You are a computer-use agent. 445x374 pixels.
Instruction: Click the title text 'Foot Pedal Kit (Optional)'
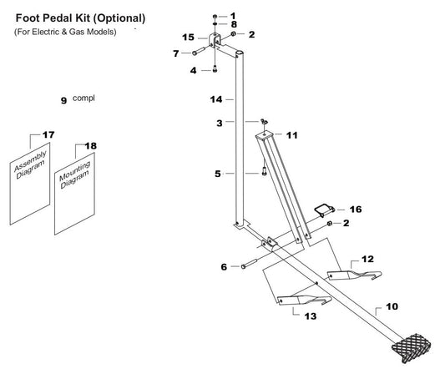pyautogui.click(x=81, y=18)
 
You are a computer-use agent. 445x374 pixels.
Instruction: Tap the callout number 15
pyautogui.click(x=188, y=38)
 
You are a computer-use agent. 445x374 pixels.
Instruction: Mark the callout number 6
pyautogui.click(x=224, y=267)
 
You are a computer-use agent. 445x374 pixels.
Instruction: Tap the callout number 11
pyautogui.click(x=291, y=134)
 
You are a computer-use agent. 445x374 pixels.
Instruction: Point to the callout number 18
pyautogui.click(x=91, y=146)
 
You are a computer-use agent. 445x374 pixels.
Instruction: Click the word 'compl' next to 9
pyautogui.click(x=84, y=98)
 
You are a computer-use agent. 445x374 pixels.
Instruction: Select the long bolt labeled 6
pyautogui.click(x=248, y=265)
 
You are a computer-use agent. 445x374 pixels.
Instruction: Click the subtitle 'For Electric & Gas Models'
pyautogui.click(x=64, y=32)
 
